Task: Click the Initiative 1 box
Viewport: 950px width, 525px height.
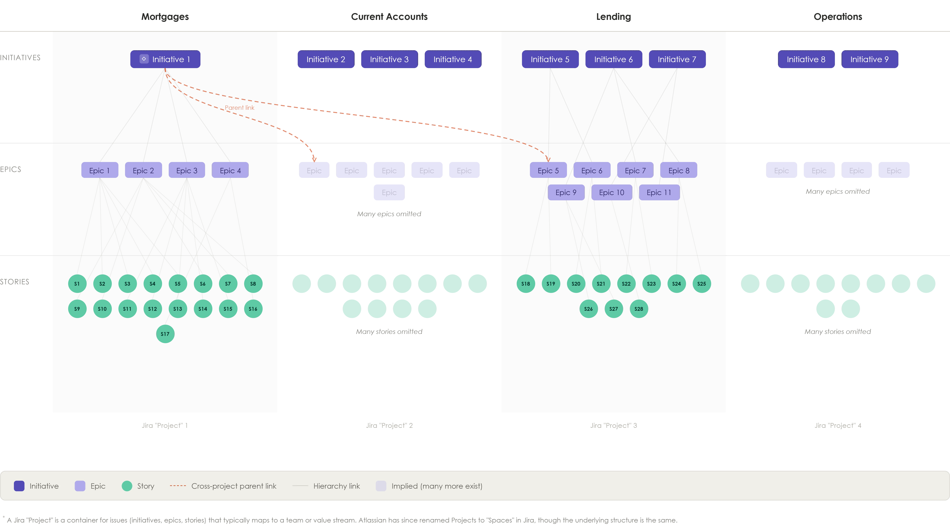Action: point(165,59)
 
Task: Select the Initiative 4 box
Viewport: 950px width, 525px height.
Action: point(453,59)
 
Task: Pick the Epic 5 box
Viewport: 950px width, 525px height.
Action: point(548,170)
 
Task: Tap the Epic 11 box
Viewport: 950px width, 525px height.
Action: point(659,192)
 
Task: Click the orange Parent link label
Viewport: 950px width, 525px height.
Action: point(239,108)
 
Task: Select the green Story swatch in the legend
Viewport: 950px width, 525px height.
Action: point(127,486)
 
